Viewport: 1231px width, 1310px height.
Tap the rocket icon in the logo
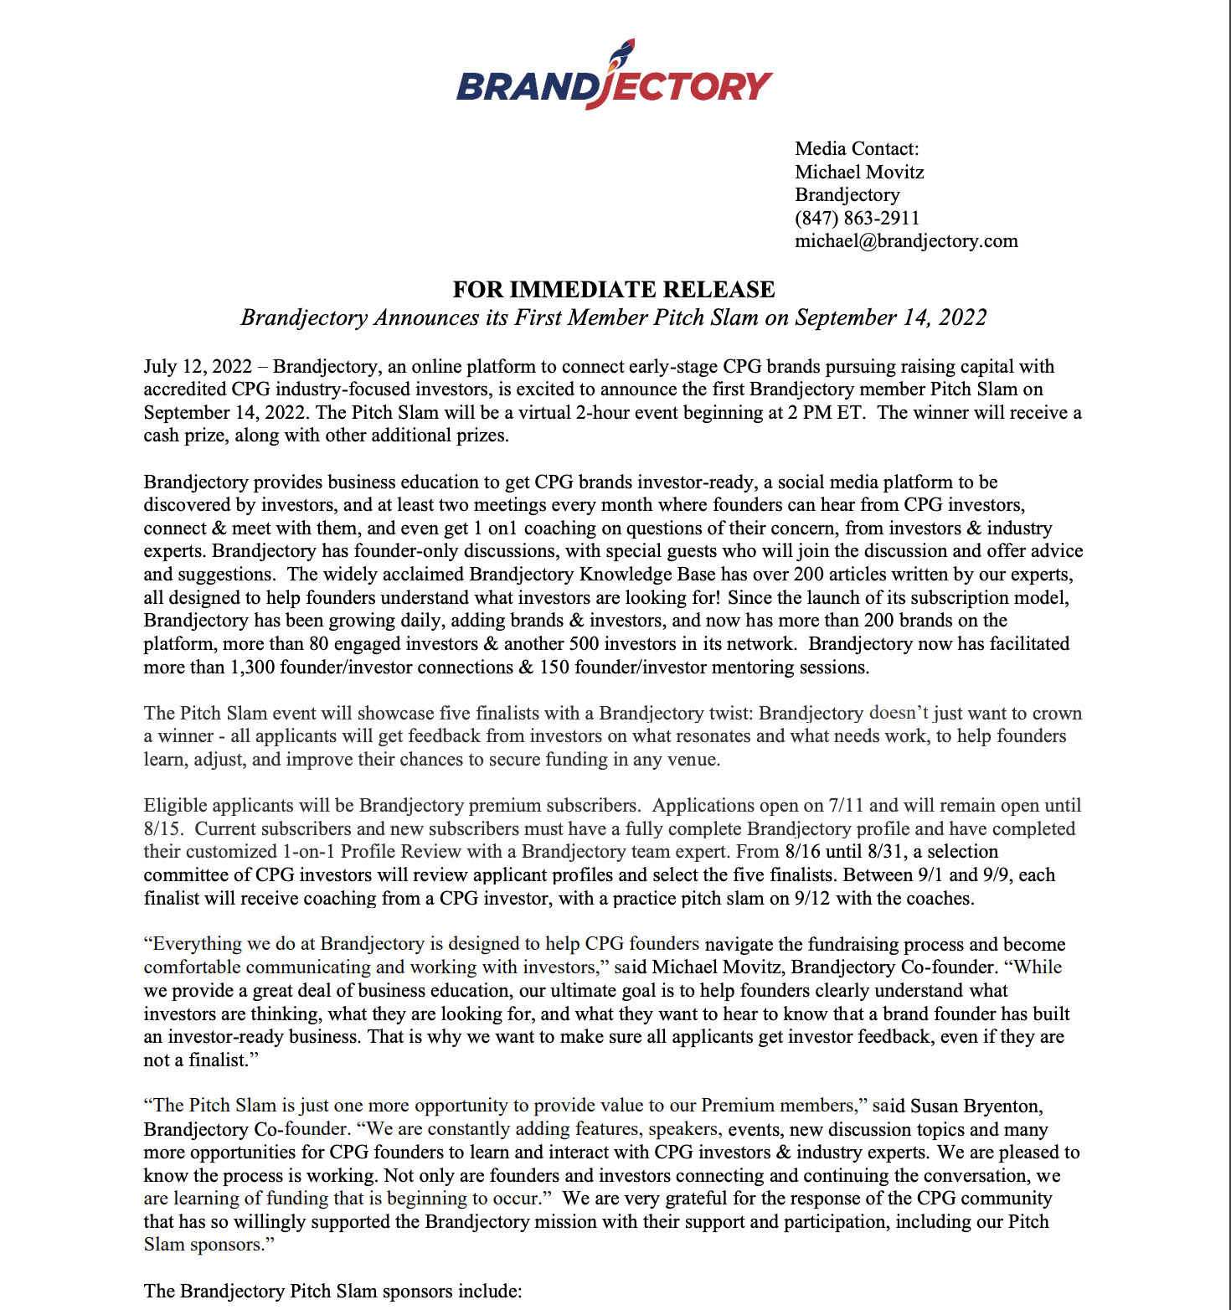point(621,52)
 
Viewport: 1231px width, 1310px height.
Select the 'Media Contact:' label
point(857,149)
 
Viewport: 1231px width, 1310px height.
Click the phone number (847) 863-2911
point(857,219)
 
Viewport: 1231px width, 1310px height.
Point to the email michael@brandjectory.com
point(906,241)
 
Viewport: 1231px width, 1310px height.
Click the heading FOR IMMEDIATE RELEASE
point(614,290)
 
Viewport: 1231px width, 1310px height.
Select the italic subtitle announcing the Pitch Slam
point(614,318)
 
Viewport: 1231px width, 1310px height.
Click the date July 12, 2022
point(198,367)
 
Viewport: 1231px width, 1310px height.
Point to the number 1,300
point(252,668)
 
